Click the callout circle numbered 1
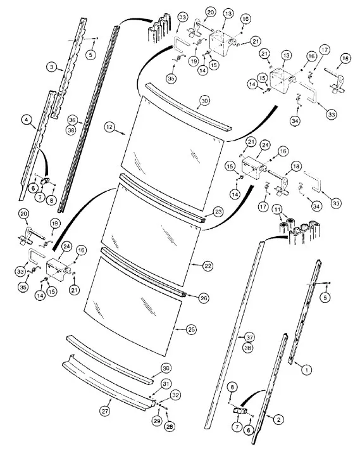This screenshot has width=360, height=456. click(306, 370)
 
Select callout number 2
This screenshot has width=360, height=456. click(278, 419)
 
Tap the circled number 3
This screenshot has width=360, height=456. click(52, 68)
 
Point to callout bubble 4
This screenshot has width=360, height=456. click(27, 120)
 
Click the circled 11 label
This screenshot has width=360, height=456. click(277, 209)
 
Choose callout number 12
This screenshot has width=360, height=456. click(109, 127)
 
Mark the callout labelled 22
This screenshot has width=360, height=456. click(208, 266)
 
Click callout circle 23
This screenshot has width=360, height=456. click(218, 212)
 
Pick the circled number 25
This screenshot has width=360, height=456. click(191, 329)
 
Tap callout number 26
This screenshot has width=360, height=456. click(204, 298)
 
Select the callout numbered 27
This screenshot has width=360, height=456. click(105, 411)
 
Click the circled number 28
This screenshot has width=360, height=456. click(170, 427)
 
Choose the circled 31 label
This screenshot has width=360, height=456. click(166, 384)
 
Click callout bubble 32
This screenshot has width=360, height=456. click(175, 395)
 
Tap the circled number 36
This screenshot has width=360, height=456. click(72, 120)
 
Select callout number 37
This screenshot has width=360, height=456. click(249, 338)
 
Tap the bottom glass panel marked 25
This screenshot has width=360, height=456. click(132, 305)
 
